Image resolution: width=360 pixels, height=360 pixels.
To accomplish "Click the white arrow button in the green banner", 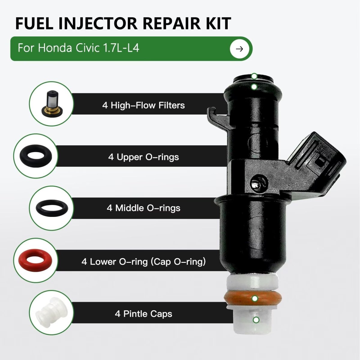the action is point(239,49).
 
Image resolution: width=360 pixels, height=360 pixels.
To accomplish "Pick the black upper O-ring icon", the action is point(36,155).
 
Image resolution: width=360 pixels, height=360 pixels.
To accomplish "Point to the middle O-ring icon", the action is point(52,208).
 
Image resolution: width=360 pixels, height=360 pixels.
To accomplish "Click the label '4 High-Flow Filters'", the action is point(143,105).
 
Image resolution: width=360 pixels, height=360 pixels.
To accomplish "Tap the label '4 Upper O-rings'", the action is point(143,157).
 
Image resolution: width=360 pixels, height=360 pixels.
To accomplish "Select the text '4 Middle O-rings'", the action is point(143,208).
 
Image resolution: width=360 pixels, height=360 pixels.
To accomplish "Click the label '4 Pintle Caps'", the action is point(143,313).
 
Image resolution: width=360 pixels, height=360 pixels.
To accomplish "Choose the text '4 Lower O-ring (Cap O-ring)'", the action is point(143,262).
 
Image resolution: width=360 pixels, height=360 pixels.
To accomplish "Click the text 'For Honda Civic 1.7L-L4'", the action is point(79,48).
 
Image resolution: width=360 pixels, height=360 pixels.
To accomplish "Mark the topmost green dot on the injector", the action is point(254,76).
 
